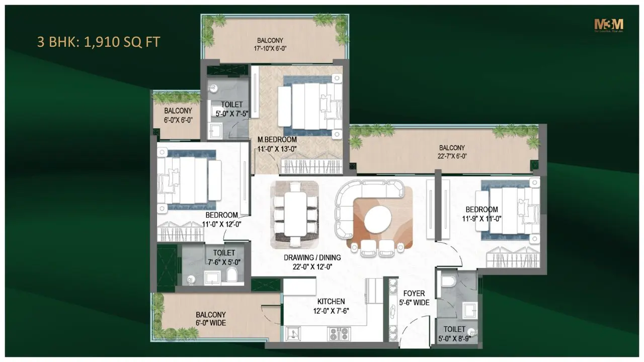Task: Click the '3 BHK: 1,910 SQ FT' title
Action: click(x=99, y=41)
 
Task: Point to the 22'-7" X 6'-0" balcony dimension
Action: click(x=452, y=156)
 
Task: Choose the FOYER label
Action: click(x=415, y=294)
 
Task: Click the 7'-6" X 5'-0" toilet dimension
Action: click(x=224, y=261)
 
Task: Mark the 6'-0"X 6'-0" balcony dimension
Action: click(x=178, y=120)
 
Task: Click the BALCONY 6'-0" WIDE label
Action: click(x=211, y=319)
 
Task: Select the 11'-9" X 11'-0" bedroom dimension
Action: click(x=481, y=218)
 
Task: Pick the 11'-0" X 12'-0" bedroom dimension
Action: click(x=221, y=224)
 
